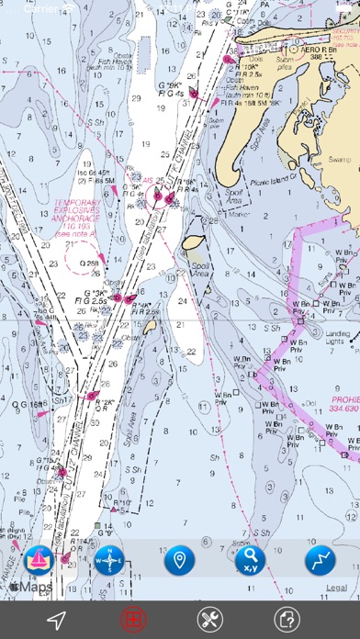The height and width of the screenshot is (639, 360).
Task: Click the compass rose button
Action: [x=108, y=558]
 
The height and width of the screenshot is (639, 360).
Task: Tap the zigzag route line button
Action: [x=320, y=558]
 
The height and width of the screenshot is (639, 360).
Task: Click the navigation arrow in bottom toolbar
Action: [x=56, y=619]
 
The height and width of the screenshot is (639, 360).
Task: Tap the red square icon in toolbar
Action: [x=132, y=619]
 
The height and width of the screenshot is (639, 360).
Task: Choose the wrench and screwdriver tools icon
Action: [x=210, y=619]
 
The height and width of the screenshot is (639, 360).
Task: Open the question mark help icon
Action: [x=287, y=619]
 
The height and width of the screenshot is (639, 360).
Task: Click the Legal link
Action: [x=335, y=587]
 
